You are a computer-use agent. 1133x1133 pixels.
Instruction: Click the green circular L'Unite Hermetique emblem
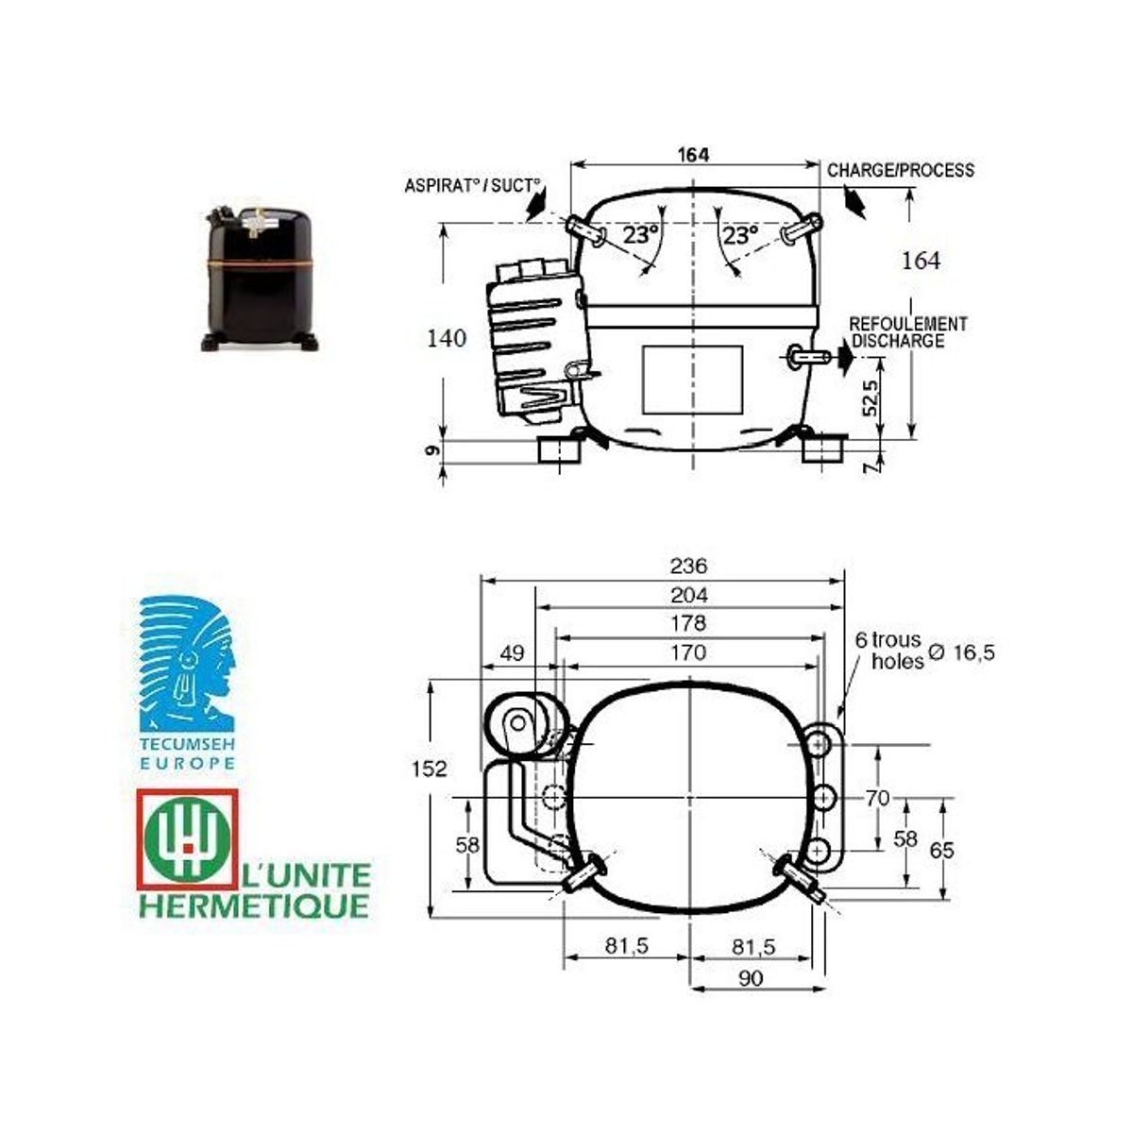(x=187, y=839)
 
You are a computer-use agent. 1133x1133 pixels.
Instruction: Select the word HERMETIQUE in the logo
(x=254, y=906)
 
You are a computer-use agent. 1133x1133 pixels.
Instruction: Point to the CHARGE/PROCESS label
(x=900, y=171)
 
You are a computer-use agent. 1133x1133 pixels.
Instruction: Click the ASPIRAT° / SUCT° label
(x=472, y=186)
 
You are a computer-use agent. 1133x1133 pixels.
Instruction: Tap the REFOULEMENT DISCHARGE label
(x=907, y=332)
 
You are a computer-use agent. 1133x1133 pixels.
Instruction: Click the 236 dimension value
(x=688, y=566)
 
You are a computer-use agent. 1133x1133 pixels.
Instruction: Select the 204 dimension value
(x=689, y=596)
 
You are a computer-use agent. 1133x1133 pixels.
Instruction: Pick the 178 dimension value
(x=688, y=623)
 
